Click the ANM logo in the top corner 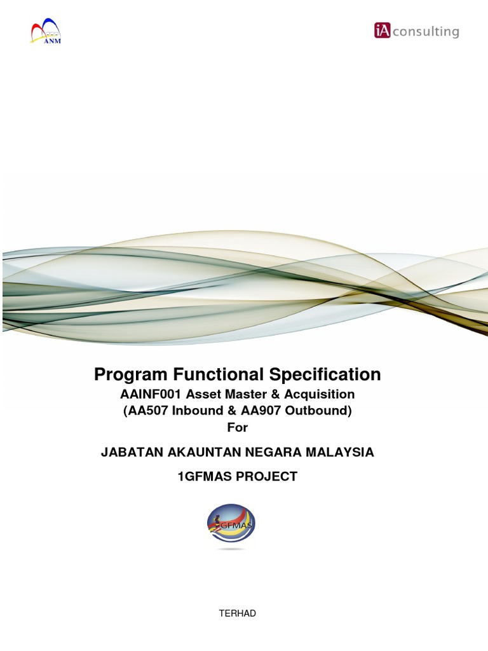46,32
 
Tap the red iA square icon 383,31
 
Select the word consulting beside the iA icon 425,31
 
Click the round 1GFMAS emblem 231,526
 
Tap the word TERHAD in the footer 237,613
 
